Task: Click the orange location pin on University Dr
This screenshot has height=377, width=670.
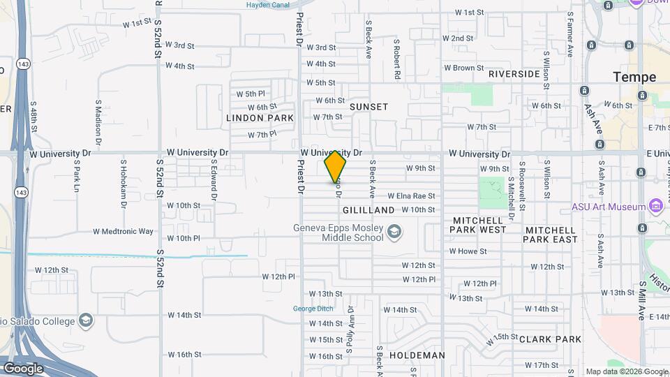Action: click(x=335, y=166)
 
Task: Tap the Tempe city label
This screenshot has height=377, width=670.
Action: click(x=634, y=77)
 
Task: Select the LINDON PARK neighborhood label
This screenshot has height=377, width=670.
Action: click(x=260, y=119)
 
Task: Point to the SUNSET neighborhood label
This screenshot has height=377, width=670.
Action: click(x=368, y=107)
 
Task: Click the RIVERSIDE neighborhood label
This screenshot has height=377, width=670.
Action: click(x=514, y=74)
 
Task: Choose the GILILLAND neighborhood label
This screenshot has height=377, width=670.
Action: click(x=369, y=210)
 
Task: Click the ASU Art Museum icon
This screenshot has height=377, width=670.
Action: click(x=655, y=206)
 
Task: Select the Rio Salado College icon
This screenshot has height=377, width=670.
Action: click(x=85, y=320)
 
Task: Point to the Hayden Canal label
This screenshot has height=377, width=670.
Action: click(x=267, y=5)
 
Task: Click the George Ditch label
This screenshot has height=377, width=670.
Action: click(x=311, y=309)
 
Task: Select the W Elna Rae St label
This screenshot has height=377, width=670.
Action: click(x=411, y=196)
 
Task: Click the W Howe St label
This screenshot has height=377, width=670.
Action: click(x=467, y=251)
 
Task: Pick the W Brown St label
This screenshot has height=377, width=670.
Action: click(x=464, y=68)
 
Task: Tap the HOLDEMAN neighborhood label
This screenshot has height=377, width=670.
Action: click(x=417, y=355)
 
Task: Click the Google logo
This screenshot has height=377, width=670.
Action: click(x=22, y=369)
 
